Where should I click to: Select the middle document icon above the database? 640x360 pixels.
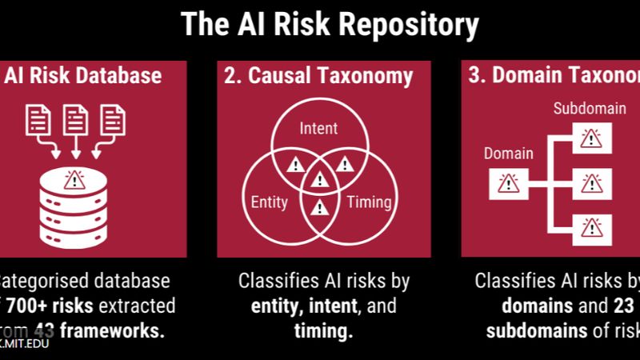(x=74, y=120)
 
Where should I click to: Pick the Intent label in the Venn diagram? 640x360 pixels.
(x=318, y=128)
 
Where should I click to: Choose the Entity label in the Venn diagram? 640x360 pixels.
(x=270, y=202)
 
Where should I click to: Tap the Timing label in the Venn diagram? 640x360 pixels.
(x=369, y=202)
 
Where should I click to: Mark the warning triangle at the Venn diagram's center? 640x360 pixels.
(x=319, y=181)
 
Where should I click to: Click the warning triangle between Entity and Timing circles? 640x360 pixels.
(x=319, y=208)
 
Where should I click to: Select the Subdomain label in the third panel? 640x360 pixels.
(x=590, y=109)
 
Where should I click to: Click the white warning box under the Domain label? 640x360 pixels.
(x=508, y=184)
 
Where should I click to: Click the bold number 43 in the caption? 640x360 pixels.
(x=43, y=332)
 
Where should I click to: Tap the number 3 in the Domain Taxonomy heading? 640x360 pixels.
(x=474, y=76)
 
